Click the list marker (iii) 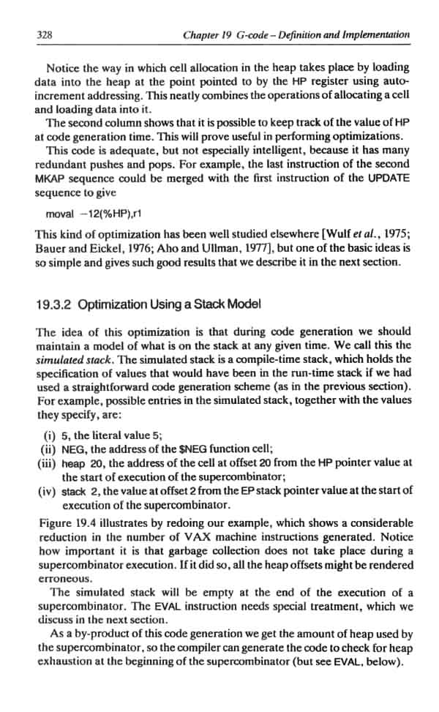pos(47,462)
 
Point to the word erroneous pos(59,578)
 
